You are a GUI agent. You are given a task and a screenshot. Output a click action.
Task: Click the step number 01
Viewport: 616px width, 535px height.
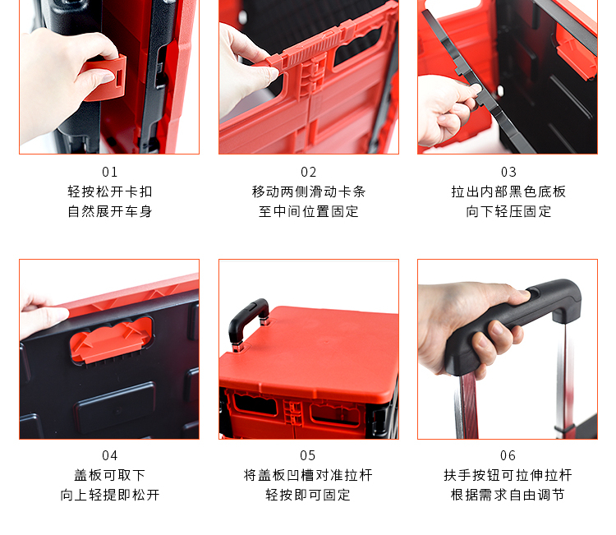click(109, 172)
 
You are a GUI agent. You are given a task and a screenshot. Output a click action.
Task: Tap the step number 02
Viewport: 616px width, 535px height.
click(308, 172)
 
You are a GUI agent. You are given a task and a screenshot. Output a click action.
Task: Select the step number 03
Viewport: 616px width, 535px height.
click(508, 172)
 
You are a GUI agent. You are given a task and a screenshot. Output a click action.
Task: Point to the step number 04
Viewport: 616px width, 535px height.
click(109, 455)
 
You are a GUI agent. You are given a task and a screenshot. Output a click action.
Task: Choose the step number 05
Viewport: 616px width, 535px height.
click(308, 455)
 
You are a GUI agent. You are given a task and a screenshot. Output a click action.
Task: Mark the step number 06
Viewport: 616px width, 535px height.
click(508, 455)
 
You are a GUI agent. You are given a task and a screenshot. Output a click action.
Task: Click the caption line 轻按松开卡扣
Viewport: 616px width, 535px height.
click(109, 191)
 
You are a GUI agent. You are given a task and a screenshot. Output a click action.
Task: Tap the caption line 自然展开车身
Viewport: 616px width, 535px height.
click(109, 211)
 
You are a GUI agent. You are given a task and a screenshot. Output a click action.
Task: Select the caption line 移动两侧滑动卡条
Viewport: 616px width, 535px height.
click(308, 191)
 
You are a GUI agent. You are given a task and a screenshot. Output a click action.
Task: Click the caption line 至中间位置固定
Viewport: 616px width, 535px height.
click(308, 211)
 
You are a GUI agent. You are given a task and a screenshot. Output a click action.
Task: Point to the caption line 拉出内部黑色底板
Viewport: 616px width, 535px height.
click(508, 191)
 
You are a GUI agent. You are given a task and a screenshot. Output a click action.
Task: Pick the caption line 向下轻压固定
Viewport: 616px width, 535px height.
click(508, 211)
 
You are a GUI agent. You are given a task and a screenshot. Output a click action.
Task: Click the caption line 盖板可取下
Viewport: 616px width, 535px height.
click(109, 475)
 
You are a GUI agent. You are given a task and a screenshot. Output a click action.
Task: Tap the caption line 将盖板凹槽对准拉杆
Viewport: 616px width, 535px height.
click(308, 475)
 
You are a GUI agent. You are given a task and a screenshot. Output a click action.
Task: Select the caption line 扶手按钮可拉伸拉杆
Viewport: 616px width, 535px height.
click(508, 475)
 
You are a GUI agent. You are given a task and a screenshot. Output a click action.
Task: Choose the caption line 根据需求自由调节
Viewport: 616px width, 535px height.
click(508, 495)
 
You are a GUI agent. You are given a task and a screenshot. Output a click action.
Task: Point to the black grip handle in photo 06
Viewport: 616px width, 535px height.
click(515, 322)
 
